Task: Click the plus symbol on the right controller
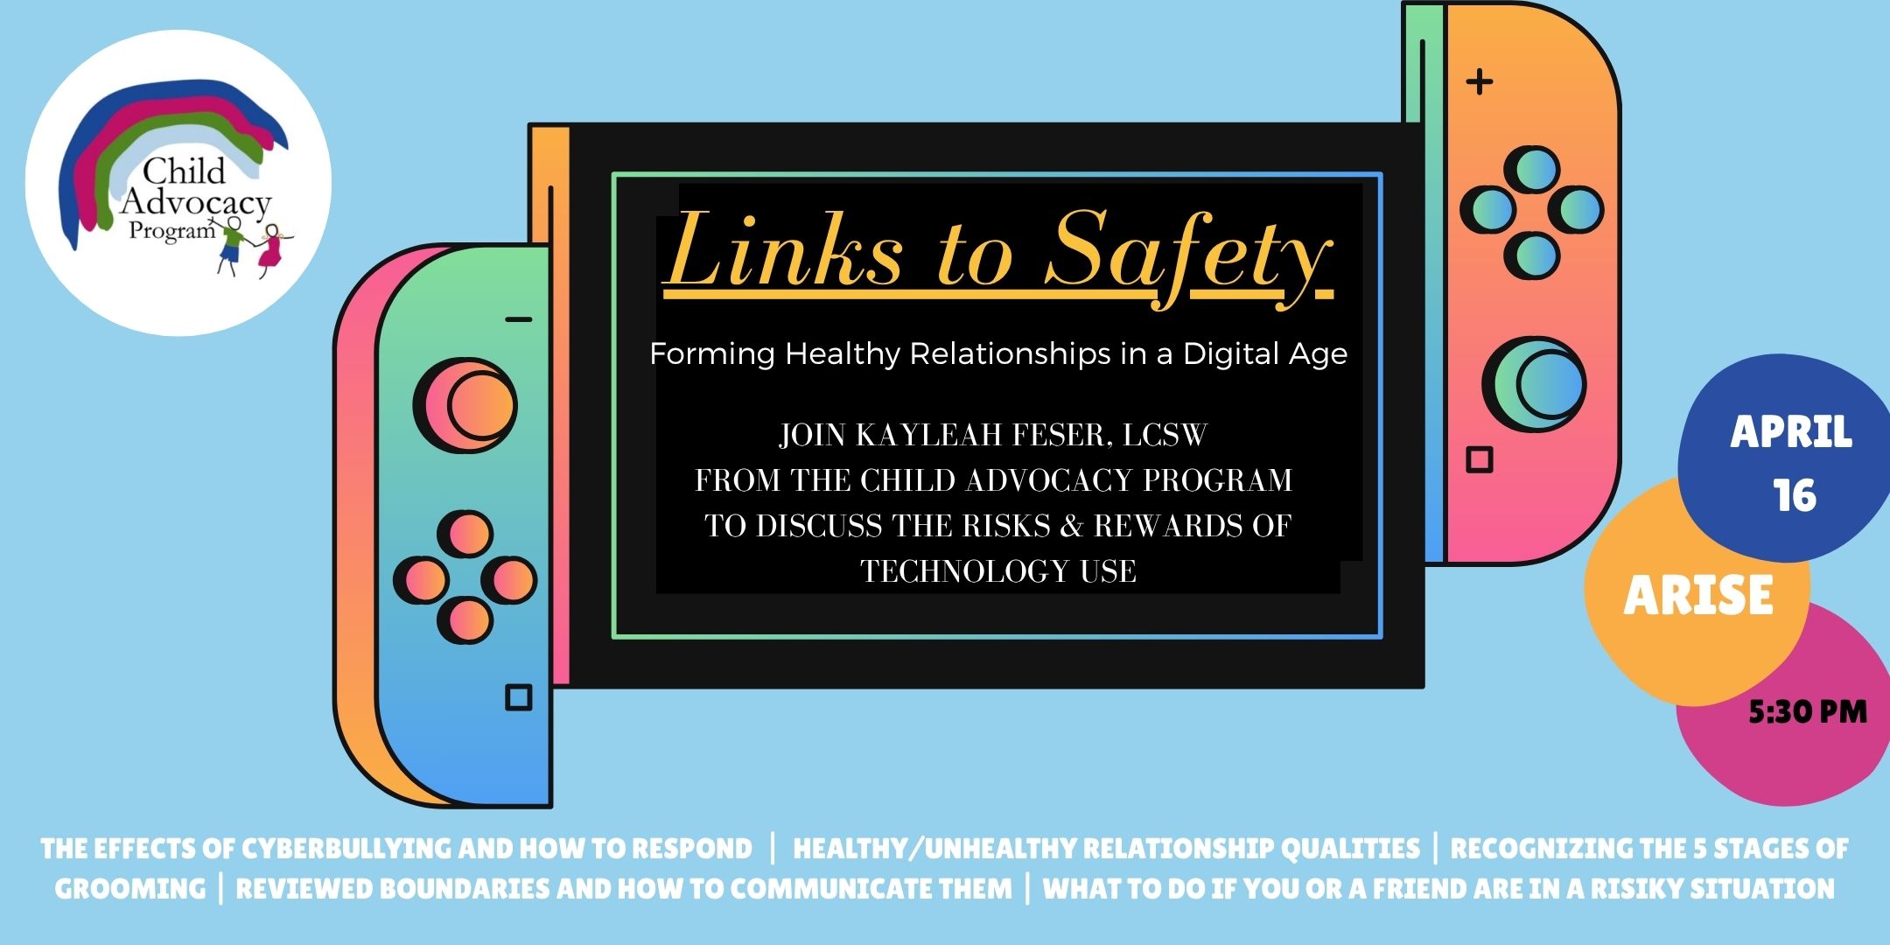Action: [1480, 82]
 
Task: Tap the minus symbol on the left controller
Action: [519, 319]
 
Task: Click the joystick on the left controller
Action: [465, 405]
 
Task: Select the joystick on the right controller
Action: [1534, 383]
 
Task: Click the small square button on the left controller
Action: [519, 697]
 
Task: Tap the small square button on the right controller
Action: [1480, 459]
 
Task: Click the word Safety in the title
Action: [1189, 255]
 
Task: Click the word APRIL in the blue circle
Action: [1791, 432]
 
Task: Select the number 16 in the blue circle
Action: [1795, 496]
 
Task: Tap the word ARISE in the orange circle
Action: [1698, 596]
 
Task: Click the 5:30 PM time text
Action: [1808, 712]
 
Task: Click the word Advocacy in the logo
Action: [196, 202]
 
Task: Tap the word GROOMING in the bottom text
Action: [130, 889]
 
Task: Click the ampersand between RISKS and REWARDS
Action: [1072, 526]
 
